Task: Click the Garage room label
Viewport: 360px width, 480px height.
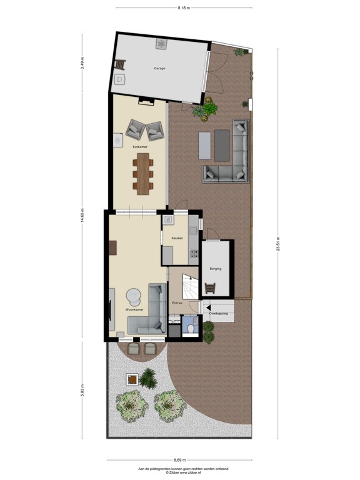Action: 160,68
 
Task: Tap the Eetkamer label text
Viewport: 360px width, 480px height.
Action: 131,146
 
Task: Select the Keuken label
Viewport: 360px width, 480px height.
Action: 177,238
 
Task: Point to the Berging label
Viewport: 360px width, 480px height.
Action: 216,268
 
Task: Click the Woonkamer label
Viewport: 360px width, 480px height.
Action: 134,309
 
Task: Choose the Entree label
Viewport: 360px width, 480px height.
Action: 177,303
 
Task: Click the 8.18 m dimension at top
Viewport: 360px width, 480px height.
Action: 183,7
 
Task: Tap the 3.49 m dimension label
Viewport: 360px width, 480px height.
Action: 81,64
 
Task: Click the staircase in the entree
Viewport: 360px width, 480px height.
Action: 190,287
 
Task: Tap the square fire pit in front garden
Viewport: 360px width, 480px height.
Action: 132,378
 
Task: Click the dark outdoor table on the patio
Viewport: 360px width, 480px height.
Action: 222,146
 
